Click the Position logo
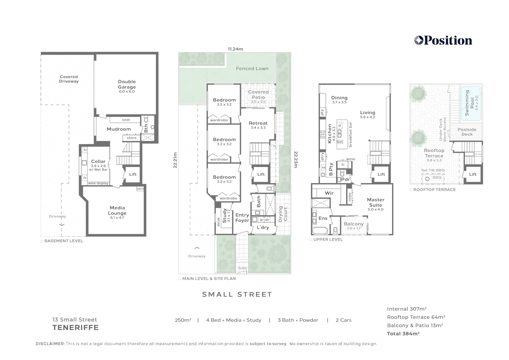[x=443, y=41]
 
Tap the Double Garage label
[x=127, y=84]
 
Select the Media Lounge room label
[x=117, y=211]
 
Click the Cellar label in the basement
[x=98, y=162]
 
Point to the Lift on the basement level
[x=133, y=174]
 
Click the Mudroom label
[x=119, y=129]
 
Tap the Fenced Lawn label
[x=252, y=69]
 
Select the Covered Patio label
[x=258, y=95]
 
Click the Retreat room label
[x=258, y=123]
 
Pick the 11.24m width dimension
[x=235, y=49]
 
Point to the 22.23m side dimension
[x=295, y=160]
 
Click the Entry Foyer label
[x=242, y=218]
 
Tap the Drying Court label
[x=283, y=214]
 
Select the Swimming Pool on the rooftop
[x=471, y=103]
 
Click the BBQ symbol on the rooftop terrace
[x=427, y=179]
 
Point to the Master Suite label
[x=375, y=202]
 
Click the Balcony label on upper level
[x=354, y=224]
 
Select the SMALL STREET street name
[x=237, y=294]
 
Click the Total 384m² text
[x=403, y=334]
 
